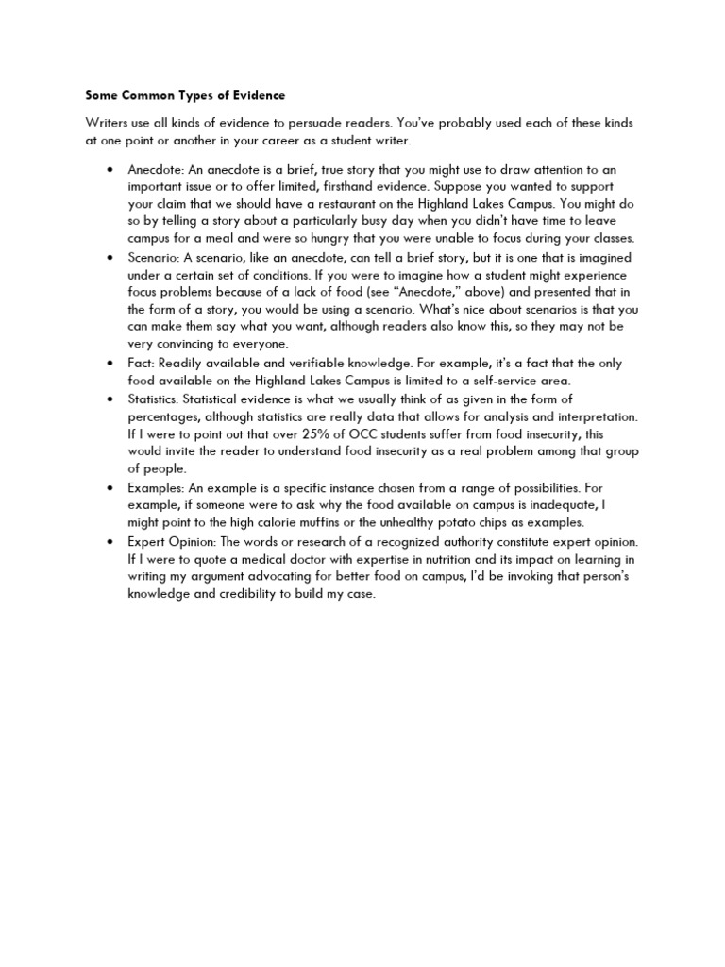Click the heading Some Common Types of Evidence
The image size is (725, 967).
click(185, 95)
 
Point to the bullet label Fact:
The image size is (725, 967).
click(142, 364)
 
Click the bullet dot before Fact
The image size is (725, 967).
click(111, 365)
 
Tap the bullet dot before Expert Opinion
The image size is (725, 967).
click(111, 541)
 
